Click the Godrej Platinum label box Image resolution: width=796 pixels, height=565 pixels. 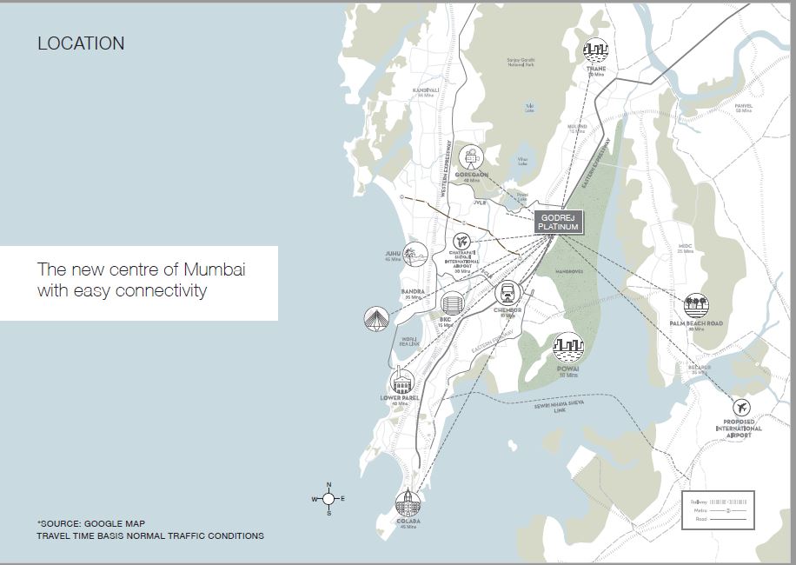pyautogui.click(x=558, y=222)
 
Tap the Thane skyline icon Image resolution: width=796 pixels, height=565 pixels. pyautogui.click(x=595, y=50)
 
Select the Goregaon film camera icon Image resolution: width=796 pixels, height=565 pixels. pyautogui.click(x=471, y=157)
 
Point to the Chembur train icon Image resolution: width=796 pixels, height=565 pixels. pyautogui.click(x=507, y=294)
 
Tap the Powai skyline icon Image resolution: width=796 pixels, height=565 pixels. pyautogui.click(x=568, y=348)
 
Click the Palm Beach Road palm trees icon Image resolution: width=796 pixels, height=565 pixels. pyautogui.click(x=696, y=305)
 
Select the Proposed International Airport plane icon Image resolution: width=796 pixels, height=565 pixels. pyautogui.click(x=741, y=407)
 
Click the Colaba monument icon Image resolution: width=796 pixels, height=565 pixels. pyautogui.click(x=408, y=503)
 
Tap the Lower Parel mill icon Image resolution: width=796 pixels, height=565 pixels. pyautogui.click(x=402, y=381)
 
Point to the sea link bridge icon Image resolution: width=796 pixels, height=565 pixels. pyautogui.click(x=375, y=318)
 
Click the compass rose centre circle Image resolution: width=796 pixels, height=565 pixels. pyautogui.click(x=328, y=499)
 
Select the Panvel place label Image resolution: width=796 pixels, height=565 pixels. pyautogui.click(x=744, y=106)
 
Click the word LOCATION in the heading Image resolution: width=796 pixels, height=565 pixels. pyautogui.click(x=81, y=43)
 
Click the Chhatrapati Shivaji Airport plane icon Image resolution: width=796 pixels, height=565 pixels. pyautogui.click(x=461, y=241)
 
